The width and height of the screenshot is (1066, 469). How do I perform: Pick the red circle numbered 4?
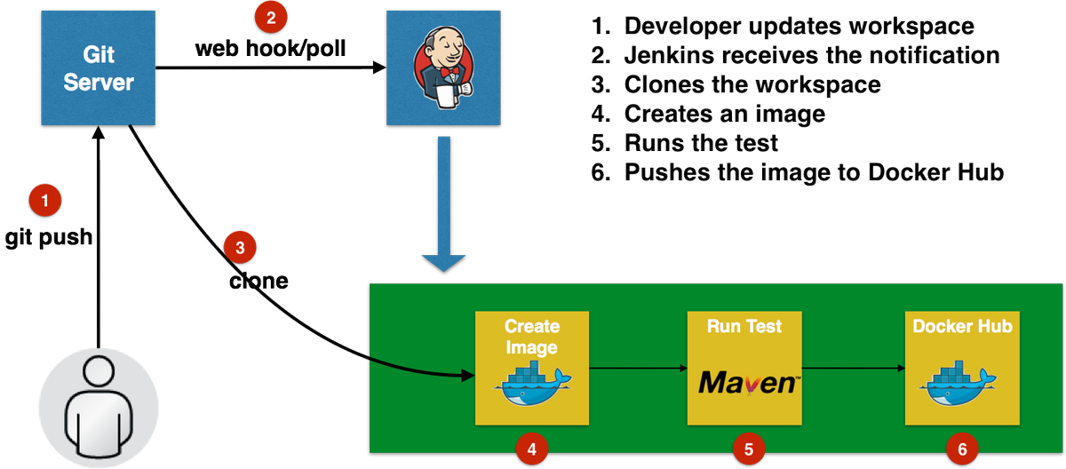[x=531, y=449]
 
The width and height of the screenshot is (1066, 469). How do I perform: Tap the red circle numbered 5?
[x=748, y=449]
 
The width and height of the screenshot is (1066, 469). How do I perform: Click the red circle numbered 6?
[x=961, y=449]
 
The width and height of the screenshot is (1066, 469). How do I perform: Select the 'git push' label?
[x=49, y=237]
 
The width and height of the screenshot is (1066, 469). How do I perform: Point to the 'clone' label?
[x=259, y=282]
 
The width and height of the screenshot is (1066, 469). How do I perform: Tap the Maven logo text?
[x=745, y=383]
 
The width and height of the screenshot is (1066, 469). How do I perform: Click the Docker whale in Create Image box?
[x=531, y=382]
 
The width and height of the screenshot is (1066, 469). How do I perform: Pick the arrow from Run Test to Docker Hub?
[x=853, y=366]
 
